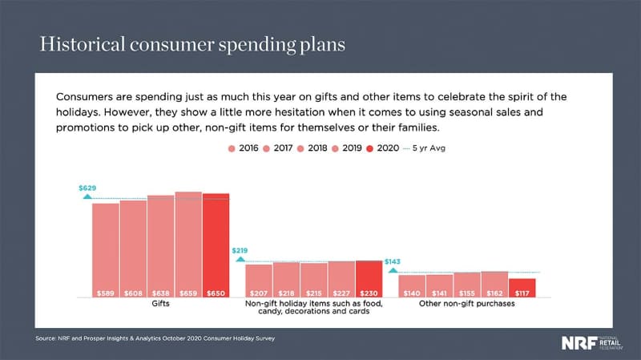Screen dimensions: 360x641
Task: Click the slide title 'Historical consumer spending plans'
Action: pos(192,43)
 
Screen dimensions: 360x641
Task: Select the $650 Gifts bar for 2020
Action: pos(216,245)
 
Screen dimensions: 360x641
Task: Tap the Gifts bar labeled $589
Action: pos(105,249)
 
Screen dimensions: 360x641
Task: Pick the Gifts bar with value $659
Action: pos(188,244)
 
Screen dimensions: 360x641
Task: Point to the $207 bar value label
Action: pos(259,293)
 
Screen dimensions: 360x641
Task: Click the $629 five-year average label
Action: pos(87,188)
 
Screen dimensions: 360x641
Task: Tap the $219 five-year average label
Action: pos(240,251)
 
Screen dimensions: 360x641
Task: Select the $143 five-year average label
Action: pos(393,261)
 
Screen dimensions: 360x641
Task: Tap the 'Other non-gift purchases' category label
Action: pos(466,305)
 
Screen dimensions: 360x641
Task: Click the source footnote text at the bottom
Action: pos(155,339)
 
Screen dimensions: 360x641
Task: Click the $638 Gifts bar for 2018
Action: pos(160,245)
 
